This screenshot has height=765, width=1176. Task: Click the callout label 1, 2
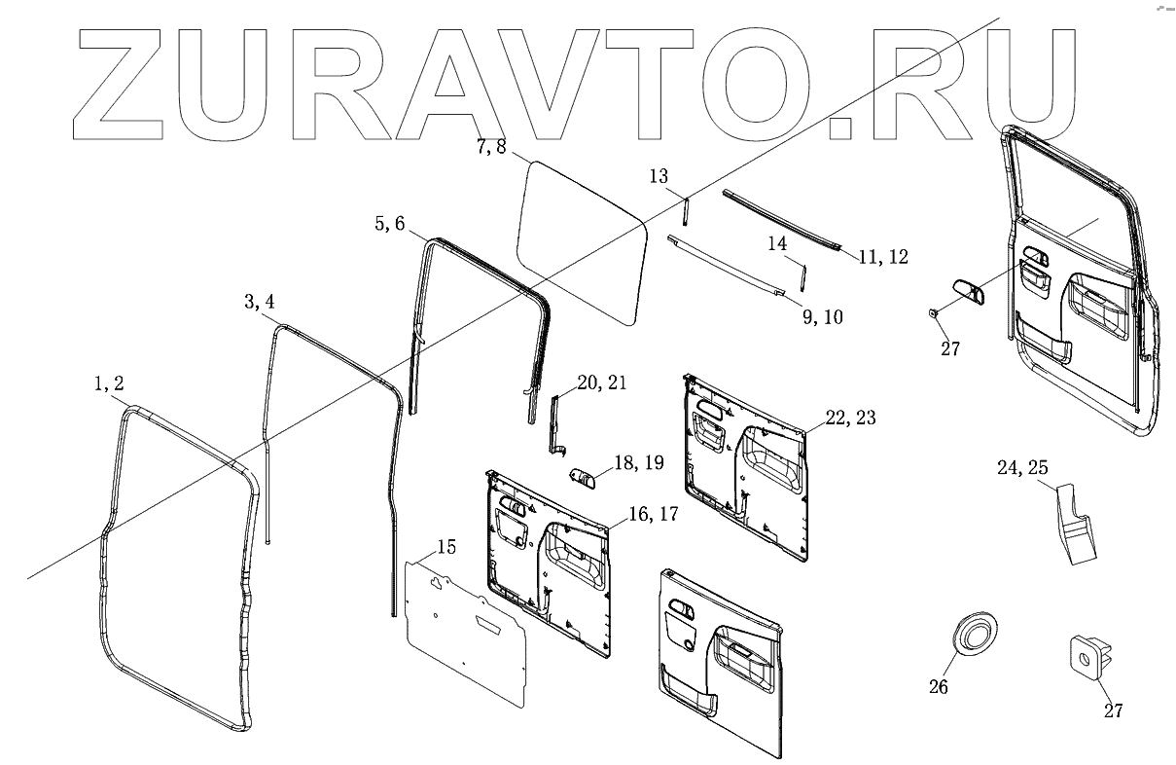(108, 384)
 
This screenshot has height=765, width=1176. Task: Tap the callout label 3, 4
(259, 303)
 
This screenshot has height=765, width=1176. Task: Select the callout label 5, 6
(389, 224)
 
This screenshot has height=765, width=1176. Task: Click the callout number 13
(659, 176)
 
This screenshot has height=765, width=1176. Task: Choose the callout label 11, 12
(882, 257)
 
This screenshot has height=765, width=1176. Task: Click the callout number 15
(445, 548)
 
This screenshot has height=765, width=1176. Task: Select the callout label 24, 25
(1023, 468)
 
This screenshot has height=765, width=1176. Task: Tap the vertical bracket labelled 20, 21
(557, 423)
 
